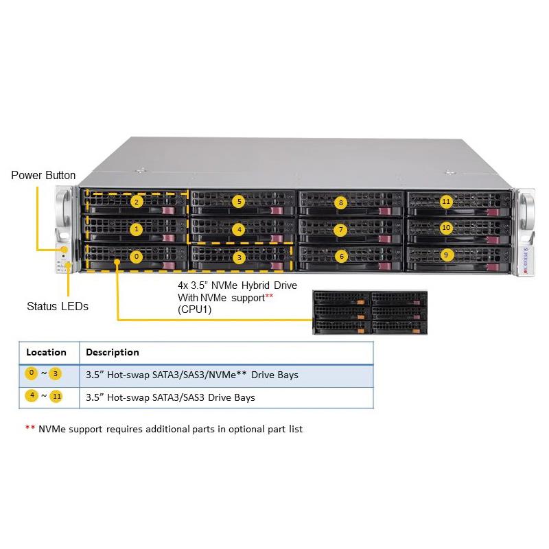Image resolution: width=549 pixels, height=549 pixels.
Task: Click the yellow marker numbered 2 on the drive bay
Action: click(137, 202)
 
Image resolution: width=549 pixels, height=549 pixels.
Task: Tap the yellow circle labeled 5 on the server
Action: click(238, 202)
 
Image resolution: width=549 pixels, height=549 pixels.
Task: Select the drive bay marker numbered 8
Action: click(340, 202)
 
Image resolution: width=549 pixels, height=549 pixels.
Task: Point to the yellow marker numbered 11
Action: click(446, 202)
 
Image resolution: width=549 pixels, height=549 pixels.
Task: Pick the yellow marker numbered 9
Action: click(446, 255)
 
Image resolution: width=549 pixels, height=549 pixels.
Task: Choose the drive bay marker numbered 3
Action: click(238, 258)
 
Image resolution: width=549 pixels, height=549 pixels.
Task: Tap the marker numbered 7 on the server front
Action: click(341, 229)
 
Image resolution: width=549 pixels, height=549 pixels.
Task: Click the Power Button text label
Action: click(43, 176)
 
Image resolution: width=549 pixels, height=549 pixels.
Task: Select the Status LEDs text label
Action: click(57, 307)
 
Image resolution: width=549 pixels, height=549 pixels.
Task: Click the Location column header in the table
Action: click(46, 352)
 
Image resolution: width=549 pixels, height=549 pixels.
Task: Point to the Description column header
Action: click(113, 352)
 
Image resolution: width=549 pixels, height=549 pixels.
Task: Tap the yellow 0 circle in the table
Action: click(31, 374)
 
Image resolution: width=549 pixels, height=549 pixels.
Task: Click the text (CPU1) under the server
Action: click(196, 309)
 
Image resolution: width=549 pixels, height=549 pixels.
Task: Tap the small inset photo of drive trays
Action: click(371, 312)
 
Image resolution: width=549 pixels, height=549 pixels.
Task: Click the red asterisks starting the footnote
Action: click(30, 429)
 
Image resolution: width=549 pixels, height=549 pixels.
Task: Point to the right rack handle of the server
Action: click(528, 213)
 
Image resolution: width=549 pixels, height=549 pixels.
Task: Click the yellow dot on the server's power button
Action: click(64, 250)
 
